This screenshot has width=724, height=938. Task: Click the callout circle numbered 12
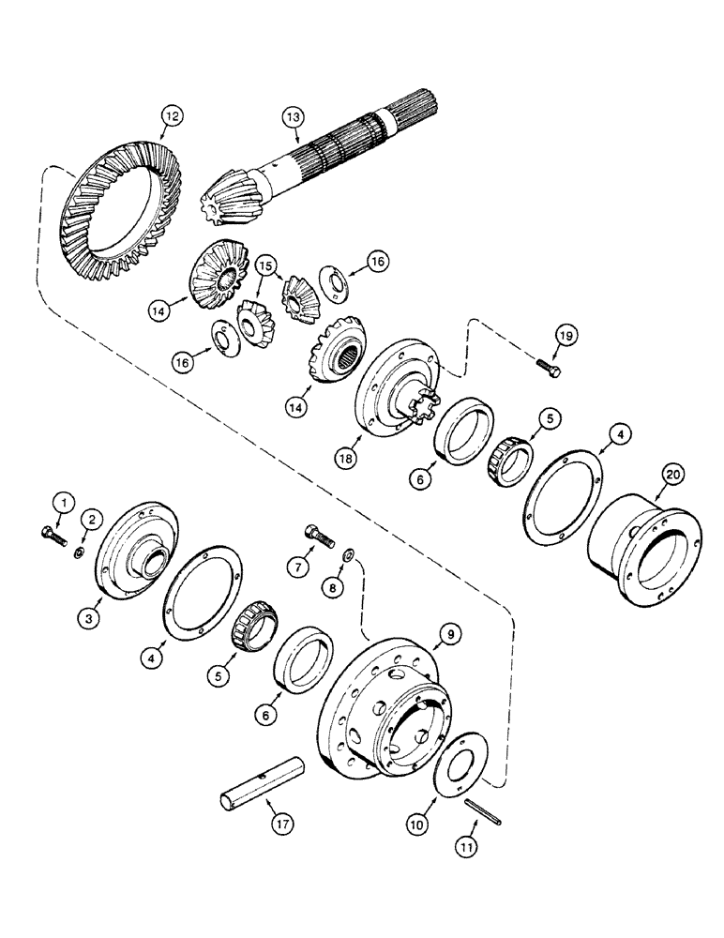[x=170, y=118]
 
